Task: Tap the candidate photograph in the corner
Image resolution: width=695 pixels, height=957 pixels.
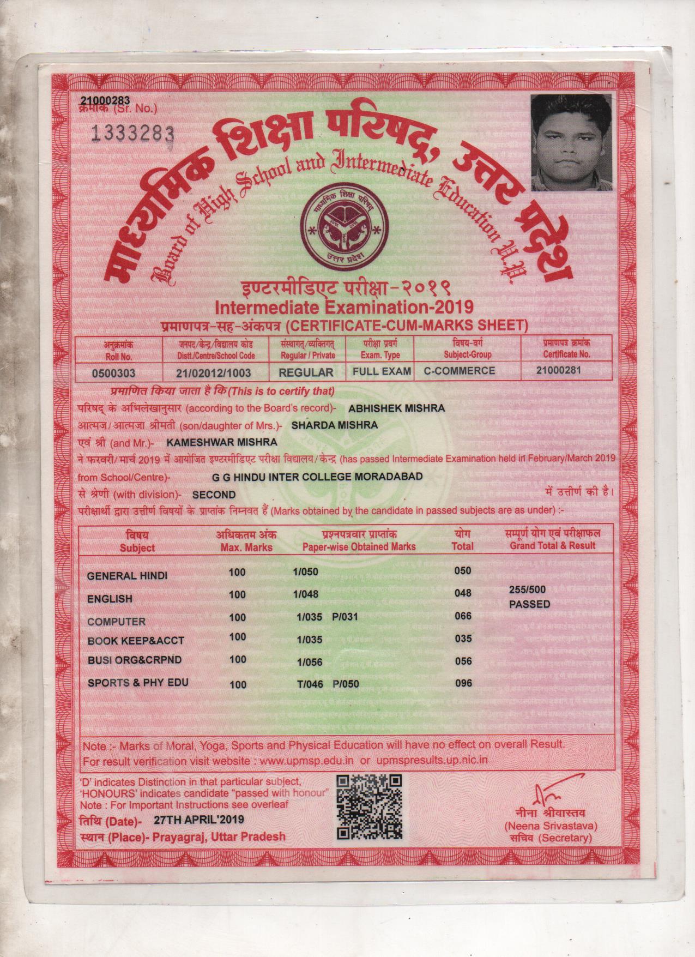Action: pyautogui.click(x=572, y=142)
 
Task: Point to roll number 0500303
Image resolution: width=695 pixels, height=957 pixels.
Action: pyautogui.click(x=114, y=373)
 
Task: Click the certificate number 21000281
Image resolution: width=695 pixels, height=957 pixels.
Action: pyautogui.click(x=559, y=370)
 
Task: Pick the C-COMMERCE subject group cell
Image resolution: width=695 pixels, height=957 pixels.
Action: pyautogui.click(x=460, y=371)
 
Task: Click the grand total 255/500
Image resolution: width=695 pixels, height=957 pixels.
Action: pyautogui.click(x=527, y=590)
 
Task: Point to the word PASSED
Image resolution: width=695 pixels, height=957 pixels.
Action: pyautogui.click(x=529, y=604)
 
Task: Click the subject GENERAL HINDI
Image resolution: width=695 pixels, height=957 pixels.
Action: pyautogui.click(x=127, y=576)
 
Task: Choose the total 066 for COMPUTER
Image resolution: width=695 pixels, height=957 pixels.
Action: pyautogui.click(x=463, y=616)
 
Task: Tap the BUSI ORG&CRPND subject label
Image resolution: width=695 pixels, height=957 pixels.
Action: pyautogui.click(x=134, y=660)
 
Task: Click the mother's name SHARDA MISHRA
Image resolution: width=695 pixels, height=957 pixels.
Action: pyautogui.click(x=335, y=425)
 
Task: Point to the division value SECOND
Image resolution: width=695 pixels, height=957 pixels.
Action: pyautogui.click(x=214, y=495)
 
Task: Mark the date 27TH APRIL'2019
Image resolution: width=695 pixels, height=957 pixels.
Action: pyautogui.click(x=199, y=820)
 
